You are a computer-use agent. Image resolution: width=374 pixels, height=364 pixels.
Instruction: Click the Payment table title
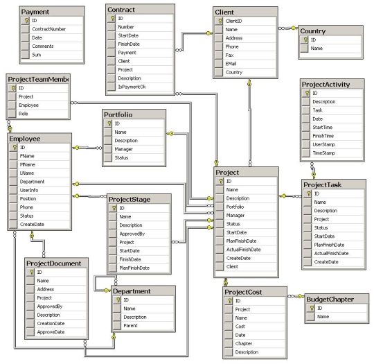[x=35, y=12]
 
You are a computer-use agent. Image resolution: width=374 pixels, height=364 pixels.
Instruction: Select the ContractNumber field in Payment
[x=49, y=29]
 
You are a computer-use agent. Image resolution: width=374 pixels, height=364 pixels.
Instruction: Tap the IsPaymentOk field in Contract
[x=132, y=87]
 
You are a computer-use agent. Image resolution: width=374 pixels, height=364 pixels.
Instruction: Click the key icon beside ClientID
[x=220, y=21]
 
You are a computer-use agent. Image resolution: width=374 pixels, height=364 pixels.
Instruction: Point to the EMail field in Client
[x=231, y=64]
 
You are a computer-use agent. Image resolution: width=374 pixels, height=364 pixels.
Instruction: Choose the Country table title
[x=312, y=31]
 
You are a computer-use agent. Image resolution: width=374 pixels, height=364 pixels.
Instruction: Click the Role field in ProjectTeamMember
[x=23, y=114]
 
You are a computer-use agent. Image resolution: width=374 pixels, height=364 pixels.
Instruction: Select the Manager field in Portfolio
[x=123, y=149]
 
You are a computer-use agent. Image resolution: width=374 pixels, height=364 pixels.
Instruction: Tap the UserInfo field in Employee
[x=29, y=190]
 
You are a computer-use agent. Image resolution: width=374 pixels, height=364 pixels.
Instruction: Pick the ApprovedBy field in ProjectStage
[x=132, y=234]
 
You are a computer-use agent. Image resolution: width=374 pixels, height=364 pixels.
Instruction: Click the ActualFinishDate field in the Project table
[x=243, y=250]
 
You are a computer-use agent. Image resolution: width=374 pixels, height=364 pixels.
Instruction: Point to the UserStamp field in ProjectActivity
[x=323, y=144]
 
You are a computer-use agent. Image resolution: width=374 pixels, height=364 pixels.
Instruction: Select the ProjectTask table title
[x=322, y=185]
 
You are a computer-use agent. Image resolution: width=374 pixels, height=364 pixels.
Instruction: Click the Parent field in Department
[x=130, y=326]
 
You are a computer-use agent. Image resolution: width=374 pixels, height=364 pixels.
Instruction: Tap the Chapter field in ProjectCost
[x=244, y=343]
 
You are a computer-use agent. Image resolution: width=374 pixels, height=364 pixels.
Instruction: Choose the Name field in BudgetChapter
[x=323, y=316]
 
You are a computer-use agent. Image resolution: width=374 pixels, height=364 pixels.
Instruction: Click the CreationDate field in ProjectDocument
[x=51, y=323]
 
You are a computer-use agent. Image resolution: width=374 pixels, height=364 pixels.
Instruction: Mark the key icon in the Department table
[x=118, y=300]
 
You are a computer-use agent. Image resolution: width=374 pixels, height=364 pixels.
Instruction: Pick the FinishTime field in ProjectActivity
[x=323, y=136]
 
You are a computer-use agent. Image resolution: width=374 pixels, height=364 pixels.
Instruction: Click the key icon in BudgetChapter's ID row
[x=312, y=308]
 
